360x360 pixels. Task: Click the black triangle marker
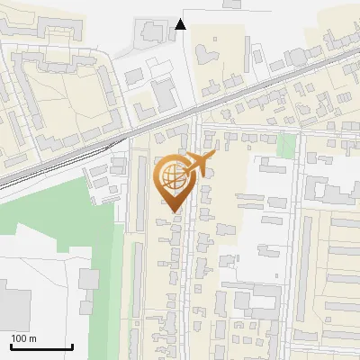click(181, 24)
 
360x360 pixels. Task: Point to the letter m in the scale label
click(33, 338)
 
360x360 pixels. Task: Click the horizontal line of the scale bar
click(41, 346)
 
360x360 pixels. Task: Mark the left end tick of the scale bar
click(11, 345)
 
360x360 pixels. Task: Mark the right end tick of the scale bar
click(72, 345)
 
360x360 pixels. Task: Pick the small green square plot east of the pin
click(286, 145)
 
